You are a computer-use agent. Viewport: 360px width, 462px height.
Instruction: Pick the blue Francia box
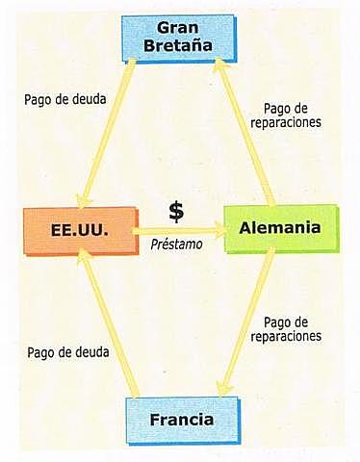tap(182, 420)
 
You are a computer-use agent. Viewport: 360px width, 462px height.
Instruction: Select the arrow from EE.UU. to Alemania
tap(178, 231)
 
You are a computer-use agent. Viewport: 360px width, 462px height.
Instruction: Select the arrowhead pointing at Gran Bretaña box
tap(219, 67)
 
